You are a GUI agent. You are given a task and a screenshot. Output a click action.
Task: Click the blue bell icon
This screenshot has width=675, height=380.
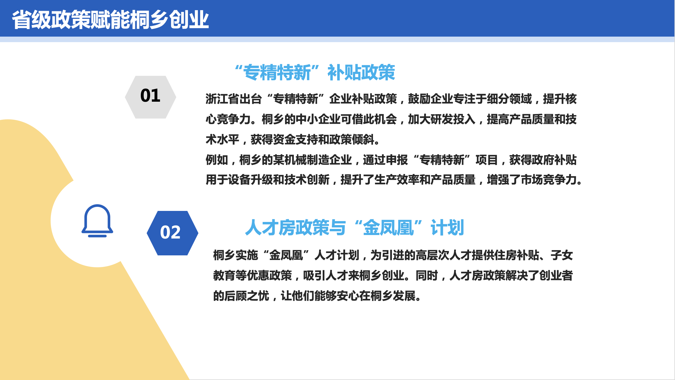click(97, 221)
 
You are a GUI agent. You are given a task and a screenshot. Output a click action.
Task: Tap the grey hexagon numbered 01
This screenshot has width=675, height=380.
click(150, 97)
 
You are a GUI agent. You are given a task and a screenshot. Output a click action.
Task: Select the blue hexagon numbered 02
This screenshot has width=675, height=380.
click(173, 233)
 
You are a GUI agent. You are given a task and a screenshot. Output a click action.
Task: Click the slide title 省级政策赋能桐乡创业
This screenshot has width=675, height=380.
click(111, 20)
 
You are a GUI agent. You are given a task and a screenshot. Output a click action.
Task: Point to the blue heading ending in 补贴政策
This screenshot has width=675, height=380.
click(315, 72)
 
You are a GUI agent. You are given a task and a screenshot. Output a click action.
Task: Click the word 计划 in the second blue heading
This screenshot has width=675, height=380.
click(447, 227)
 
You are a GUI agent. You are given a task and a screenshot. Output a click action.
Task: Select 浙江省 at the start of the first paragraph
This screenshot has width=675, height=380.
click(223, 99)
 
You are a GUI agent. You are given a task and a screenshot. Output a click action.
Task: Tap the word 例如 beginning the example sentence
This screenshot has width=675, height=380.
click(217, 160)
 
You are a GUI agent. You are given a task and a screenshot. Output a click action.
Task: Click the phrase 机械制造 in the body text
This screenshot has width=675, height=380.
click(307, 160)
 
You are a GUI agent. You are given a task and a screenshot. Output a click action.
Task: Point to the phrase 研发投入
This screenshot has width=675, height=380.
click(453, 119)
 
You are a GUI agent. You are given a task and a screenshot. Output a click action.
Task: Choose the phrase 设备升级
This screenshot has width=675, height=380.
click(251, 180)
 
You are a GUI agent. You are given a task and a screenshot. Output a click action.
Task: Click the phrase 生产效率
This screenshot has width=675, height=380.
click(397, 180)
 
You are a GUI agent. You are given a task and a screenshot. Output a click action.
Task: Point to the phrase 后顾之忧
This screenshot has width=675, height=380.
click(247, 296)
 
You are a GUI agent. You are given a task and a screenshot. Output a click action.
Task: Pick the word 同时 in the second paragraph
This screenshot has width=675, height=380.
click(427, 276)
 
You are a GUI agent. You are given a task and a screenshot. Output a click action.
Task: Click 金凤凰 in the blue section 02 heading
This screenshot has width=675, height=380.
click(389, 227)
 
